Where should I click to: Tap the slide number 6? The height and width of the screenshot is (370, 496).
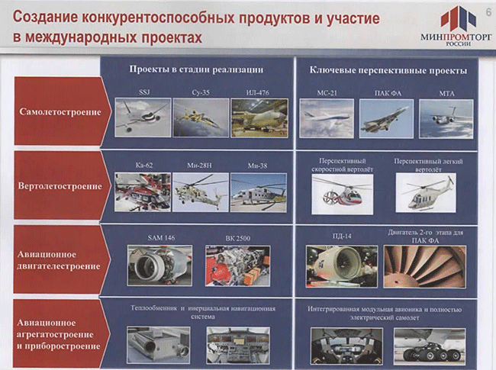[x=488, y=12]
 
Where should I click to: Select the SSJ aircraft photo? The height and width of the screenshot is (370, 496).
[x=143, y=117]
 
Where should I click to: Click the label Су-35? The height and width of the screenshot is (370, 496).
[x=201, y=92]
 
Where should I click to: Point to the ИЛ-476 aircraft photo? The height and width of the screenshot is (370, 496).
[x=259, y=117]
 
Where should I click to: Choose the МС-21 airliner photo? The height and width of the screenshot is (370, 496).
[x=327, y=118]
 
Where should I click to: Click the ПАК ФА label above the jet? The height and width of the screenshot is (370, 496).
[x=388, y=93]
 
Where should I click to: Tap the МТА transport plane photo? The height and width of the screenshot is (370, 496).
[x=446, y=119]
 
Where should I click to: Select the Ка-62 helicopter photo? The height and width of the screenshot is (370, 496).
[x=143, y=192]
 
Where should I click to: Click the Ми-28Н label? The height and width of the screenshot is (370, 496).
[x=199, y=166]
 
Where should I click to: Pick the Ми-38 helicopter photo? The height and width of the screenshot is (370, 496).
[x=259, y=192]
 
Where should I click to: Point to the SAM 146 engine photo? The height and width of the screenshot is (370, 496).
[x=159, y=265]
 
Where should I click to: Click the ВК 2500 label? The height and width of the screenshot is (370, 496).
[x=238, y=238]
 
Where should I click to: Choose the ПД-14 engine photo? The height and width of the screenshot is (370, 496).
[x=342, y=266]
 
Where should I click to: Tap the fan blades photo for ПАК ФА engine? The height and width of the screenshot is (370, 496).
[x=425, y=266]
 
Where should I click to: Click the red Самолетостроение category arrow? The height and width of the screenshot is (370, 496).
[x=63, y=111]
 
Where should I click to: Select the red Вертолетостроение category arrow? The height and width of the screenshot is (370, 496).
[x=63, y=185]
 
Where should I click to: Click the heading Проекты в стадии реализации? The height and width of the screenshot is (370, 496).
[x=196, y=69]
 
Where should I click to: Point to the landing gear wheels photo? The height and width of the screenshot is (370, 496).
[x=430, y=346]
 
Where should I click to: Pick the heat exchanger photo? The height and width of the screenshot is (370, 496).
[x=159, y=345]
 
